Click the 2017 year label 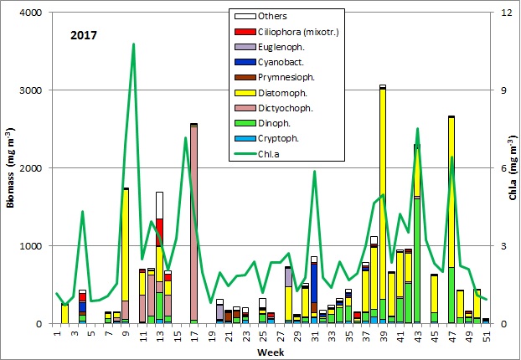pyautogui.click(x=84, y=36)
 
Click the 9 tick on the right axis pyautogui.click(x=501, y=90)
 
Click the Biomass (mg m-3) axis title pyautogui.click(x=10, y=167)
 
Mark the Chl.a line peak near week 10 pyautogui.click(x=134, y=44)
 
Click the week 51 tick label pyautogui.click(x=486, y=336)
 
